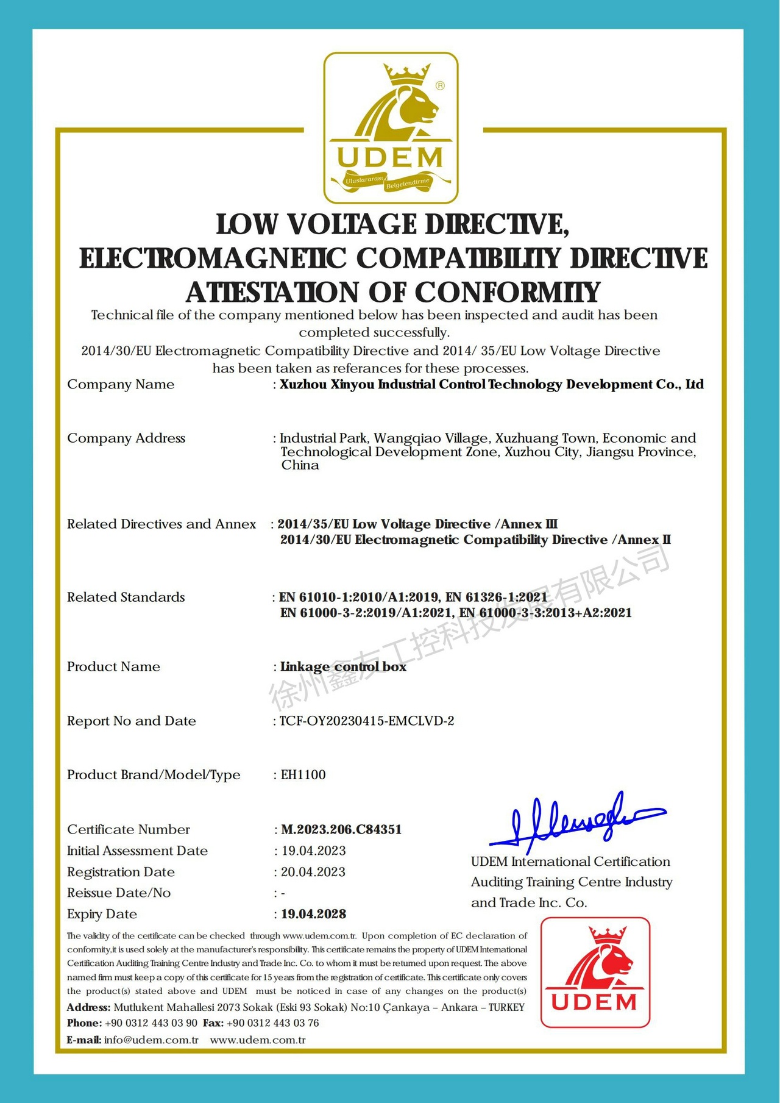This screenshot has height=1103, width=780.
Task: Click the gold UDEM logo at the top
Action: click(391, 127)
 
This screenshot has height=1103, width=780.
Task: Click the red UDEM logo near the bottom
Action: click(595, 972)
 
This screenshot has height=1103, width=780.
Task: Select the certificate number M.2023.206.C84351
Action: click(341, 829)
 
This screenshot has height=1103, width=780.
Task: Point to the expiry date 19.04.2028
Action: click(313, 914)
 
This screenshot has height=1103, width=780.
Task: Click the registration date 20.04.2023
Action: click(313, 872)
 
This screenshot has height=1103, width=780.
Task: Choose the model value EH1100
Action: click(303, 774)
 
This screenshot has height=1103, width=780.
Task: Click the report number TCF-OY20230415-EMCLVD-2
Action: click(367, 721)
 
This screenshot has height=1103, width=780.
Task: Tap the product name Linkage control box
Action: click(343, 666)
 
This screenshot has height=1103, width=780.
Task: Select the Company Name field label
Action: click(121, 384)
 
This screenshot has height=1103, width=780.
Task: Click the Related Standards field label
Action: click(126, 597)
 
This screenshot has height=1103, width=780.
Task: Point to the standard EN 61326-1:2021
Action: click(497, 597)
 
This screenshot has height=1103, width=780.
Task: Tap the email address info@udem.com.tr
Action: click(151, 1040)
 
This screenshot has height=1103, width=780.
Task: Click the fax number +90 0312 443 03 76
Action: click(272, 1023)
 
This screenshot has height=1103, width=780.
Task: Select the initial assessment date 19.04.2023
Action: click(313, 851)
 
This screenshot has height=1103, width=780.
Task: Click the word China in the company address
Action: click(300, 465)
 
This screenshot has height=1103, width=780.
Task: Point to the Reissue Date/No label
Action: click(119, 893)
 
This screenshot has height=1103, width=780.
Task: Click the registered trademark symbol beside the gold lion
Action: click(440, 86)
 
